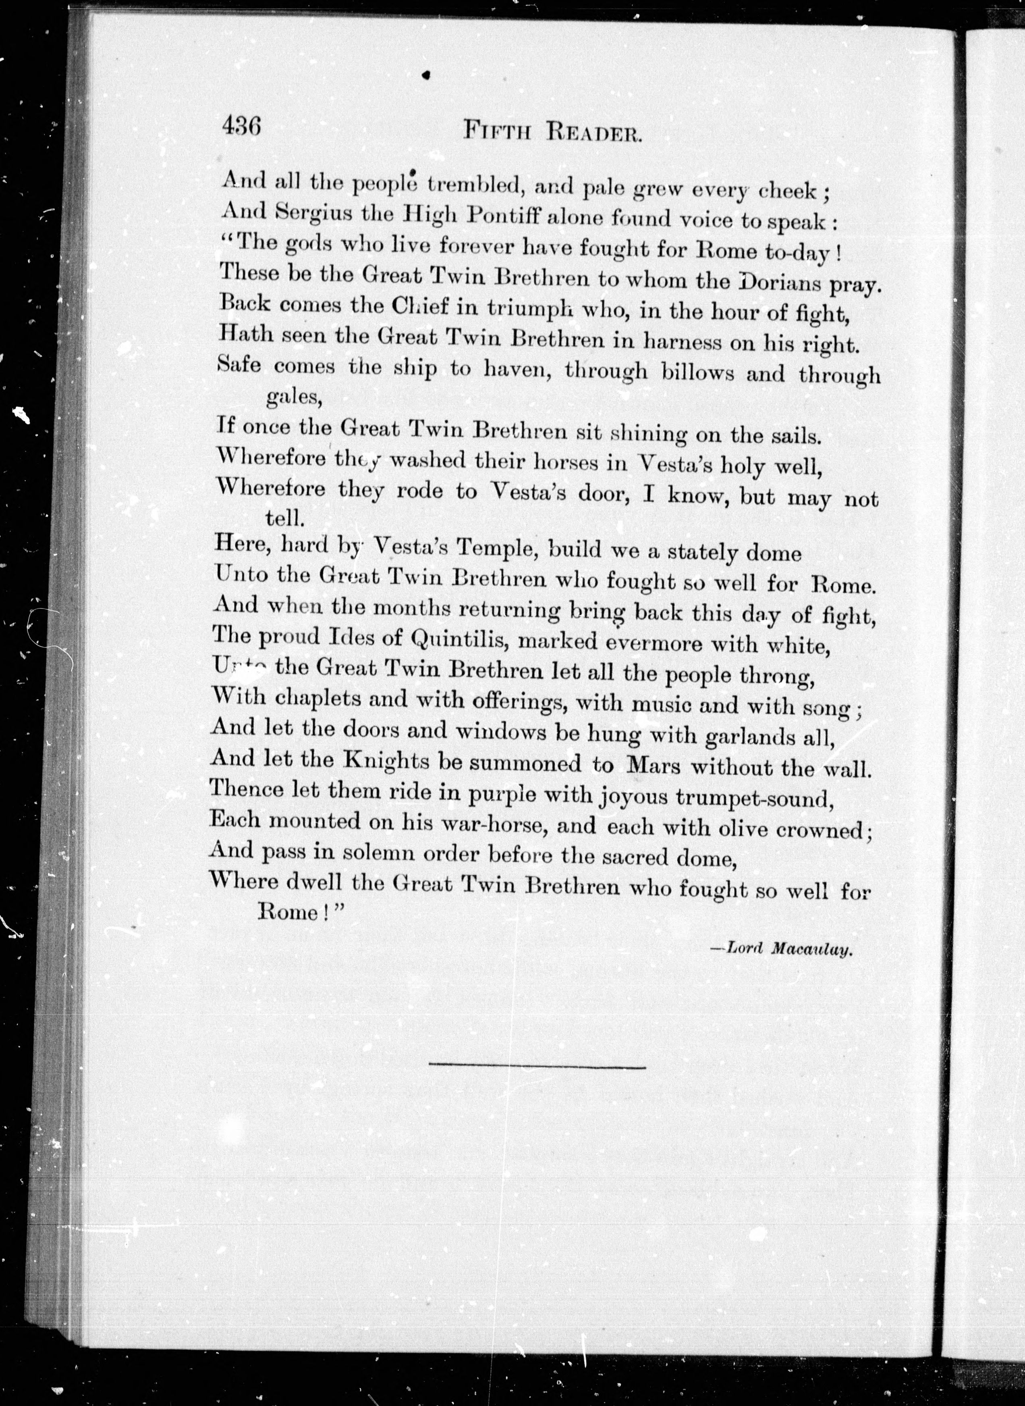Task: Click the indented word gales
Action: (x=293, y=397)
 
